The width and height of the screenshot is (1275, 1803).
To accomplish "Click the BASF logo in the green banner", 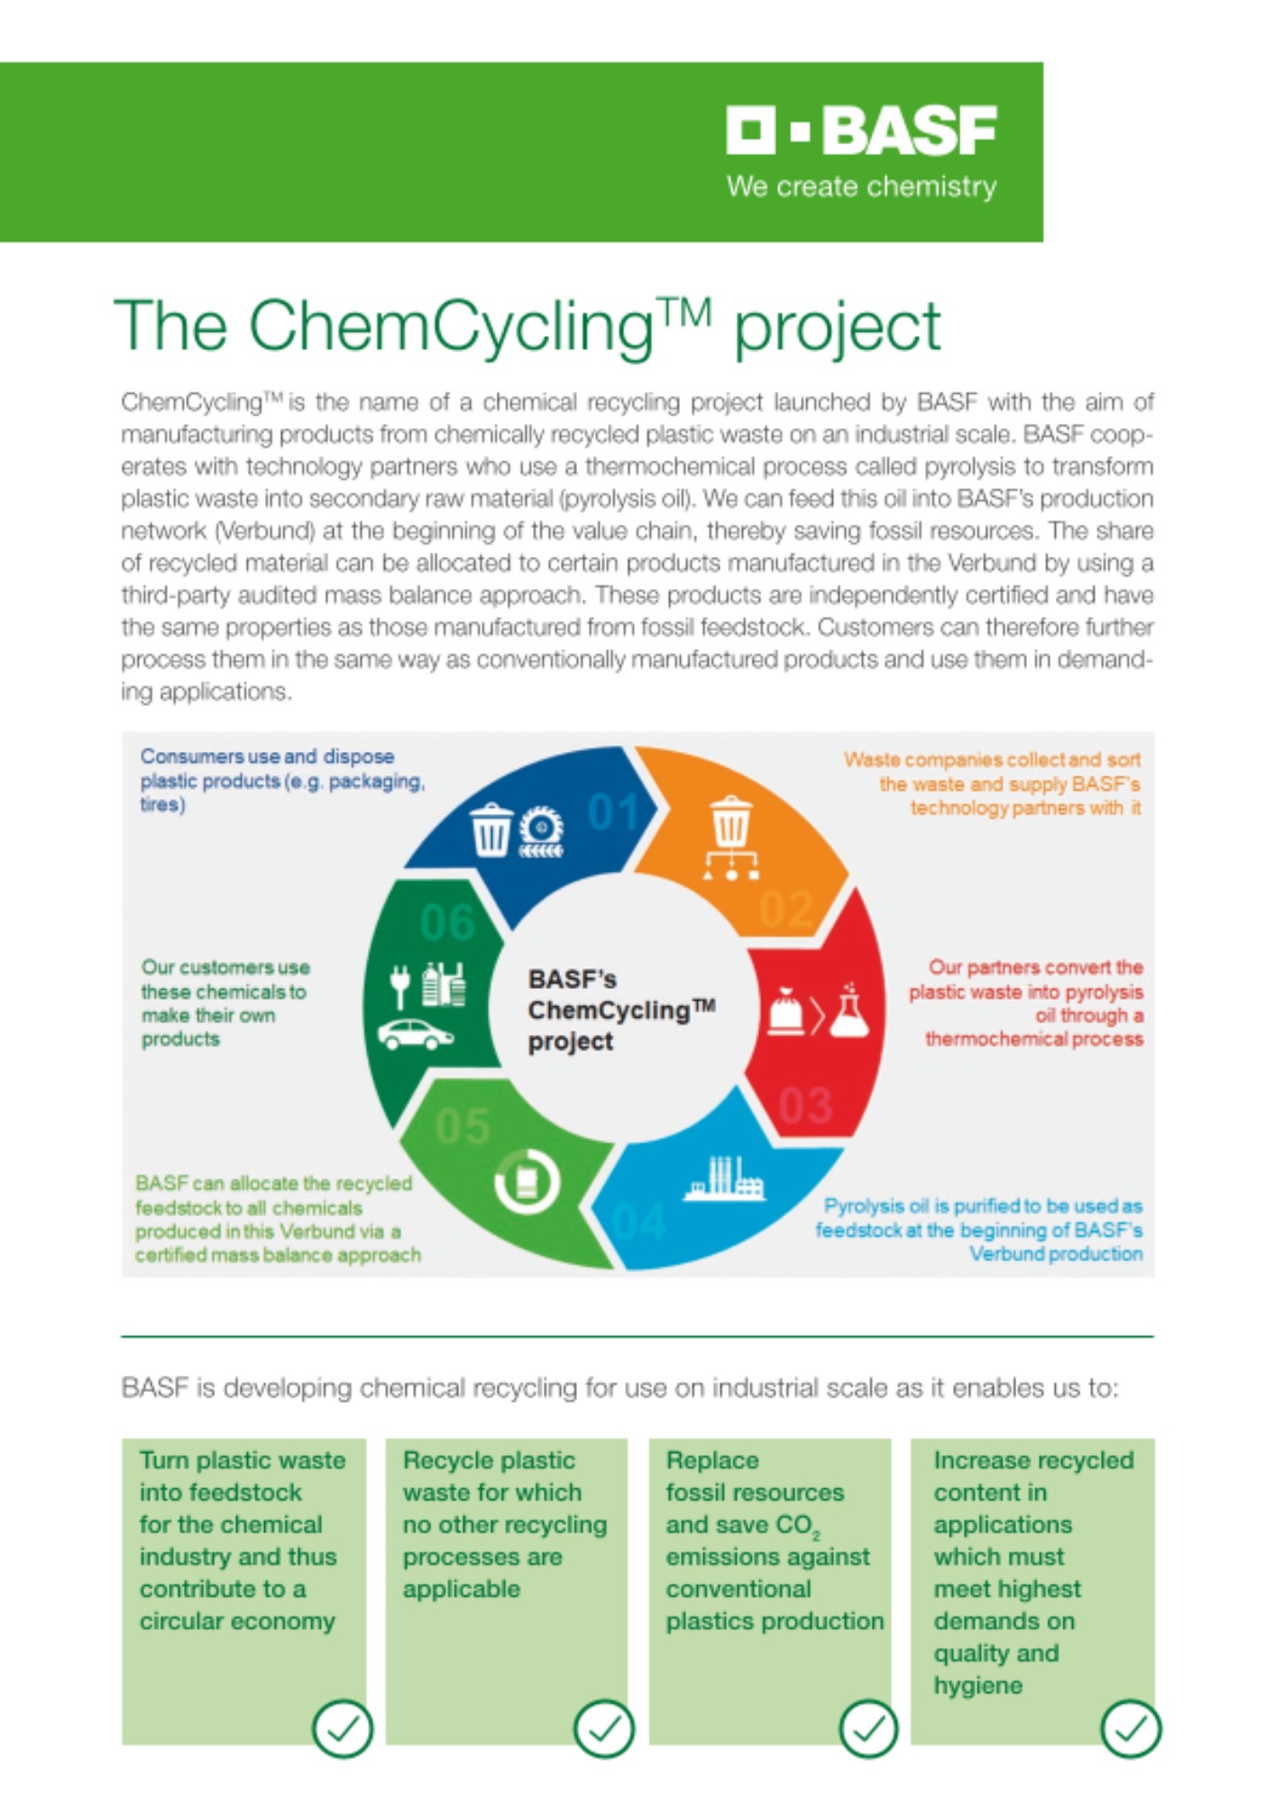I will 861,131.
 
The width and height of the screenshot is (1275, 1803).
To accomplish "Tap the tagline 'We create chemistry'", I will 861,187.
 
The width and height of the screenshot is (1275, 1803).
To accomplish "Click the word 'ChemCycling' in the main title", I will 451,326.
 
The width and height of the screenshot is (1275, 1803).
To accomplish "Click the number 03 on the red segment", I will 805,1106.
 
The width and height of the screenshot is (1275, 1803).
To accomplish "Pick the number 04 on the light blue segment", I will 639,1222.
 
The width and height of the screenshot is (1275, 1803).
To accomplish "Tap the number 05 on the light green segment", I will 463,1126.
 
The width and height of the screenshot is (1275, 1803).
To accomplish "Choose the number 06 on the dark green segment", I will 447,922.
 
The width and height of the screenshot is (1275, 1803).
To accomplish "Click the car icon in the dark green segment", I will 415,1034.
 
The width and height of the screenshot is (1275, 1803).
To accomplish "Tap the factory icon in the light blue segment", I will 724,1177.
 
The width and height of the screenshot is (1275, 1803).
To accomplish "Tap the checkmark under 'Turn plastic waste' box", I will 342,1728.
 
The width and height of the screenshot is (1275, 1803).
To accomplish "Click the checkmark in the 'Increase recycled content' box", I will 1131,1728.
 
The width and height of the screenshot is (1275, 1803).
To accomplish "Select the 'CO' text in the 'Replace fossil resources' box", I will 795,1525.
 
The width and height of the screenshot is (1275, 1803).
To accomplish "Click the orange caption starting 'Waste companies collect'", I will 992,783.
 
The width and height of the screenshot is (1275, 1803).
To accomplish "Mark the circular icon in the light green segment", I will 527,1180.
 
